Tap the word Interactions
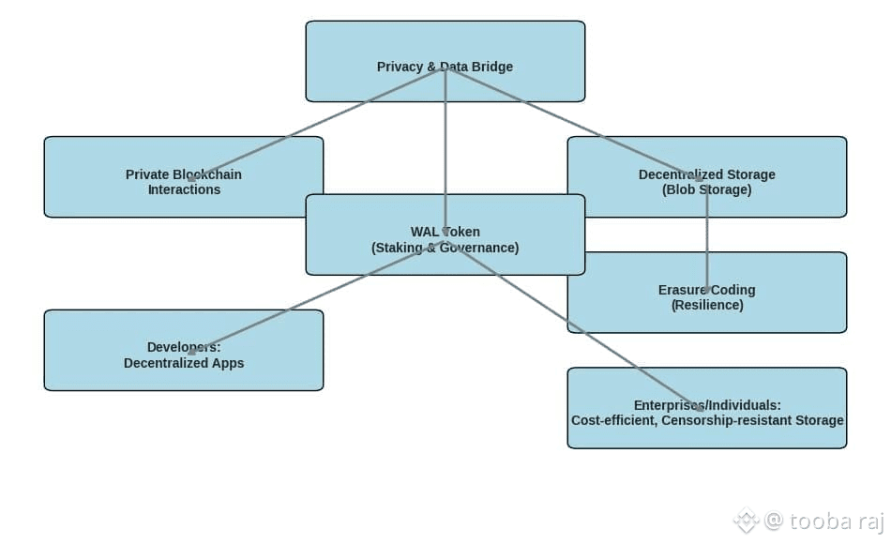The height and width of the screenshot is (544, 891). [184, 189]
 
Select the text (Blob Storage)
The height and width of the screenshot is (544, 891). [706, 189]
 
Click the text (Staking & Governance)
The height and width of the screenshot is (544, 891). [445, 248]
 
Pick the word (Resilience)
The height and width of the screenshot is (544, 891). [707, 305]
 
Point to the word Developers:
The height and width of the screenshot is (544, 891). [184, 347]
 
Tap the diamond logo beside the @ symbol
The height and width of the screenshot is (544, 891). [747, 521]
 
